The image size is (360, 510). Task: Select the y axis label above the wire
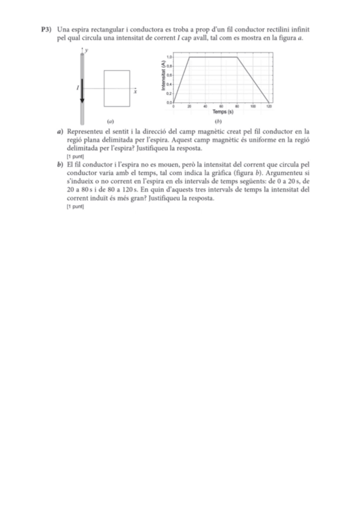coord(87,51)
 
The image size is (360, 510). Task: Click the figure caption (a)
coord(109,120)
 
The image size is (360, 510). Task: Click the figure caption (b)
coord(218,120)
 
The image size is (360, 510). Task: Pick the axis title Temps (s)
coord(222,111)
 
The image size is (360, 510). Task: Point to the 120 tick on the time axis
coord(269,106)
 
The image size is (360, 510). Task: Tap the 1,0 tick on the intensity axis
coord(170,57)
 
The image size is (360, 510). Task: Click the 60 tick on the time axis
coord(221,106)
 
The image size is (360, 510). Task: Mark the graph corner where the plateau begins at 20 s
coord(190,57)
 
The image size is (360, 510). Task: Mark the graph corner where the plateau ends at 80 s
coord(237,57)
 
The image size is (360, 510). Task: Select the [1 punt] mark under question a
coord(75,156)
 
